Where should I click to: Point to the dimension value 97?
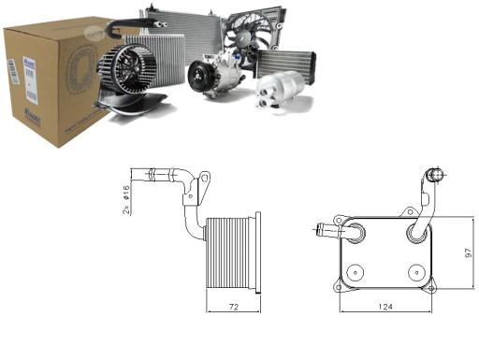click(467, 252)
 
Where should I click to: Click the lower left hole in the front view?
click(354, 273)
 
